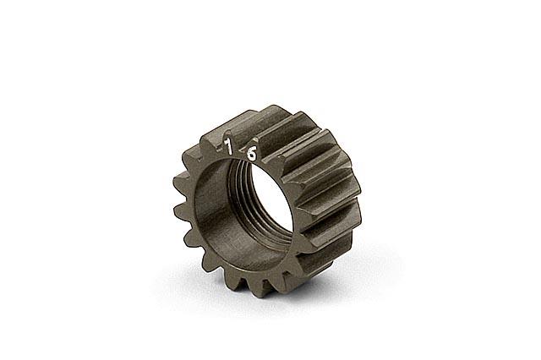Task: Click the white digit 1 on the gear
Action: click(x=227, y=146)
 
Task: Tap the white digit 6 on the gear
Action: click(x=252, y=154)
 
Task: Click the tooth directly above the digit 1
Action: click(x=226, y=134)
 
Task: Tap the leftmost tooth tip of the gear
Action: click(x=176, y=182)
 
